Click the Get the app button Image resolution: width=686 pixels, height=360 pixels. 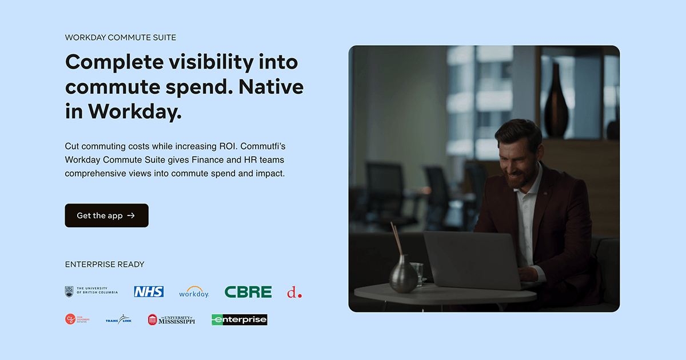[106, 215]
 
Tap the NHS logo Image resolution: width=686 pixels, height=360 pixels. [149, 292]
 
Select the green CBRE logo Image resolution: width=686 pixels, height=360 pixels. [248, 292]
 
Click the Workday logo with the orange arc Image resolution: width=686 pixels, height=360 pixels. [194, 292]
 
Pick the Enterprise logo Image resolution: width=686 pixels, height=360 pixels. [240, 320]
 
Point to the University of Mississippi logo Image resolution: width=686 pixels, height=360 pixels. [171, 320]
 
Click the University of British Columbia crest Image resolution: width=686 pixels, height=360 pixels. [69, 291]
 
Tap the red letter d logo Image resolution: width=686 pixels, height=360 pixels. [294, 293]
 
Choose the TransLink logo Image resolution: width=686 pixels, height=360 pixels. [118, 320]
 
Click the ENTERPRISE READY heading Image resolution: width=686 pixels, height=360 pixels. [105, 265]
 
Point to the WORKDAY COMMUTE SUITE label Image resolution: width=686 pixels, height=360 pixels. [121, 38]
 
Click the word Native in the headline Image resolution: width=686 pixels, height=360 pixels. [271, 86]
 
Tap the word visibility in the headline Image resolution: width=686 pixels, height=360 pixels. [206, 62]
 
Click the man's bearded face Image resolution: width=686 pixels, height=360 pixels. [517, 157]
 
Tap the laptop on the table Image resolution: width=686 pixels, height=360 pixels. [472, 260]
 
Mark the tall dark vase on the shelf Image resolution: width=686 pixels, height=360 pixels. [556, 103]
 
